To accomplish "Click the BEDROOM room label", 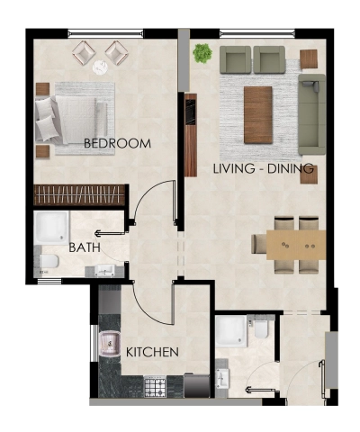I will [x=117, y=144].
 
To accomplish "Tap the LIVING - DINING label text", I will [x=263, y=168].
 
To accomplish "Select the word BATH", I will [x=84, y=247].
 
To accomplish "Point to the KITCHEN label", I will [x=152, y=352].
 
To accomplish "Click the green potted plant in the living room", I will [x=202, y=53].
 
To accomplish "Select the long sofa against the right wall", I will [x=311, y=115].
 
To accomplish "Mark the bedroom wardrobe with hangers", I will [x=78, y=195].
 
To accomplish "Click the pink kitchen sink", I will [x=112, y=342].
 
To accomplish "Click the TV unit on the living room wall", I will [x=191, y=135].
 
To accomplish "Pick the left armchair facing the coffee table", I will [x=236, y=60].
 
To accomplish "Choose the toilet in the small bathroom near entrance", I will [x=259, y=331].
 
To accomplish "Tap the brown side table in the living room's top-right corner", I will [x=309, y=58].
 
